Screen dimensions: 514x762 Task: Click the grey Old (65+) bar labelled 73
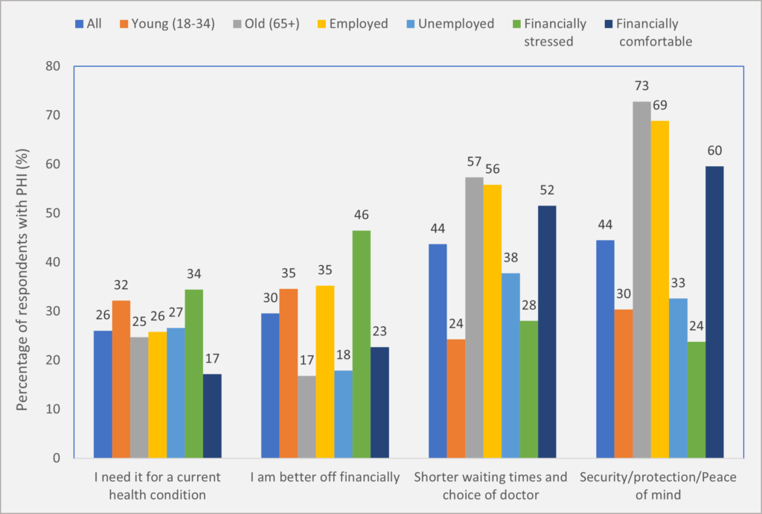642,279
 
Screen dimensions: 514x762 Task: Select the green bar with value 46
362,343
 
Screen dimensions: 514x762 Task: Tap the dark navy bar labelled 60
715,311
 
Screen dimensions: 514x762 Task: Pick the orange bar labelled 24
456,398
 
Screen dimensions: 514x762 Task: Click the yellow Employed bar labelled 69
660,289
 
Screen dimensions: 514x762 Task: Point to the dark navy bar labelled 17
212,416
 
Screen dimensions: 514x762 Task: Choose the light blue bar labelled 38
511,365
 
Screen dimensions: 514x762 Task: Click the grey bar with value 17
307,416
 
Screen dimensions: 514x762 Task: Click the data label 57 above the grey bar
474,162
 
